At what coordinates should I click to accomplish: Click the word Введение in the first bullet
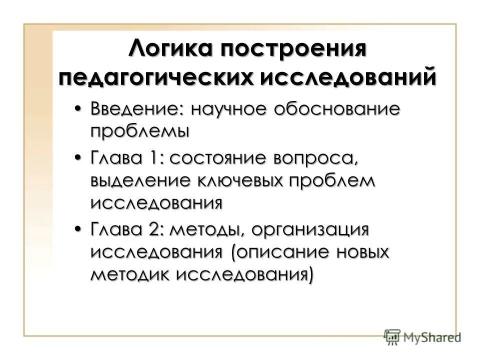(135, 108)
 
